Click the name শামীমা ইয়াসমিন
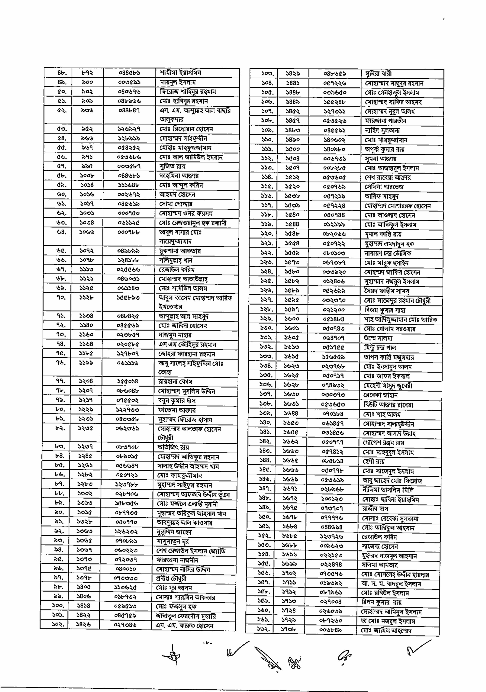[x=180, y=73]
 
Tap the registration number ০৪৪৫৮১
[x=129, y=73]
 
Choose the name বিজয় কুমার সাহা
[x=384, y=310]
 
